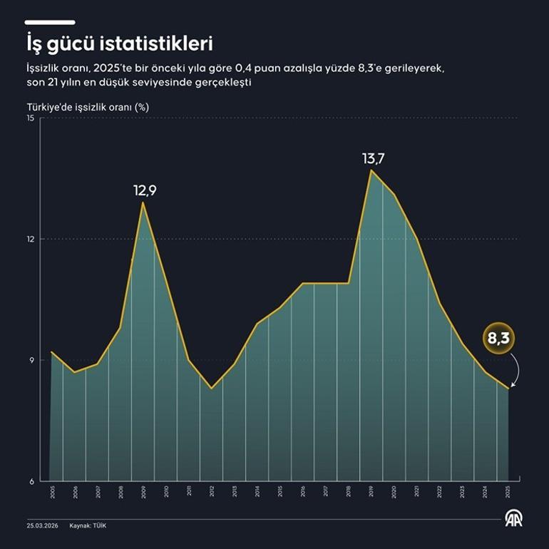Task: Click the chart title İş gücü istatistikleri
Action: pyautogui.click(x=120, y=44)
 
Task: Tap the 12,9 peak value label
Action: pyautogui.click(x=144, y=191)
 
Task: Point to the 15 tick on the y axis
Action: pyautogui.click(x=30, y=118)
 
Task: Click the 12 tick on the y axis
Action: pyautogui.click(x=31, y=239)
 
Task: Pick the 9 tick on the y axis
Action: pyautogui.click(x=32, y=360)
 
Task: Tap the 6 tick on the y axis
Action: pyautogui.click(x=32, y=481)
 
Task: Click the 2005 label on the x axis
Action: pyautogui.click(x=52, y=492)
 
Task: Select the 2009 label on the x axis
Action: pyautogui.click(x=143, y=492)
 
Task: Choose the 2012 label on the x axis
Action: pyautogui.click(x=211, y=492)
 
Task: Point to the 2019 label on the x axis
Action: pyautogui.click(x=371, y=492)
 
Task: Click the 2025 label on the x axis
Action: pyautogui.click(x=508, y=492)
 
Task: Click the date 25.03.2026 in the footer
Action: pyautogui.click(x=42, y=525)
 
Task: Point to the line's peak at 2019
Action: pyautogui.click(x=371, y=170)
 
